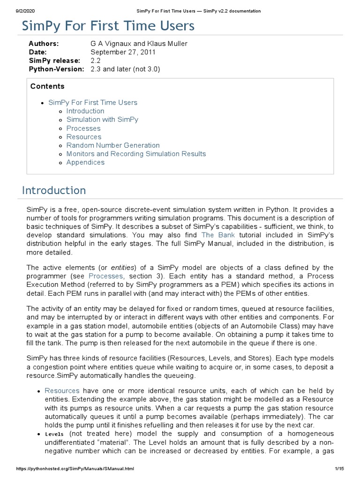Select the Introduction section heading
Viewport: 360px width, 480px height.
point(54,190)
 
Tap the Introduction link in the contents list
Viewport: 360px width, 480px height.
point(85,111)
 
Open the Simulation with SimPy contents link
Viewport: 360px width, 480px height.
point(102,120)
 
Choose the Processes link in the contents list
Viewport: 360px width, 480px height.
point(83,128)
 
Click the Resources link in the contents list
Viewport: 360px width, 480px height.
point(84,137)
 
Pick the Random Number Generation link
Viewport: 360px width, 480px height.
point(113,145)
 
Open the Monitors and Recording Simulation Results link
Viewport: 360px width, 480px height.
point(136,154)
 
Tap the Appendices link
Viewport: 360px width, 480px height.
point(85,162)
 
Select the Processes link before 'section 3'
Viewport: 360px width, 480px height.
point(105,277)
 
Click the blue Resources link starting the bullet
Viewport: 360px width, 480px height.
point(62,390)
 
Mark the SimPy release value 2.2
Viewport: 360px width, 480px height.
point(96,60)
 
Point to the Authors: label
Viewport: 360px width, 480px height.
point(44,44)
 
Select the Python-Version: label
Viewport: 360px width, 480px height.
point(56,69)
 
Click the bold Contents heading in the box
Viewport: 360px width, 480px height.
point(47,86)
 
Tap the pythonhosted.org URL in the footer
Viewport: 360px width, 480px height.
point(68,469)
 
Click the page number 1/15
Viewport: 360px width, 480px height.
point(340,469)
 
